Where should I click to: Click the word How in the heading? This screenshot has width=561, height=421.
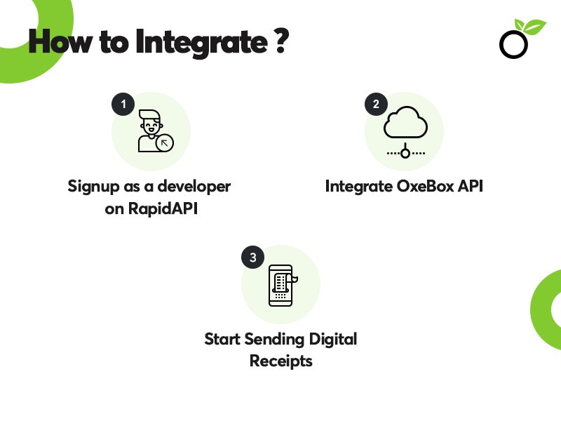pyautogui.click(x=55, y=43)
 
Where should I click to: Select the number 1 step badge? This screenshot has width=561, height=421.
pyautogui.click(x=123, y=105)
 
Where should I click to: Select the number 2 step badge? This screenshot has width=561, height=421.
pyautogui.click(x=377, y=105)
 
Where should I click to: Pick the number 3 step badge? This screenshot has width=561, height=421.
pyautogui.click(x=252, y=257)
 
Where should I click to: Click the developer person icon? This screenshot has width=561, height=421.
pyautogui.click(x=151, y=131)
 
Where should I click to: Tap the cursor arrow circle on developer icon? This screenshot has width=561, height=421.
pyautogui.click(x=165, y=144)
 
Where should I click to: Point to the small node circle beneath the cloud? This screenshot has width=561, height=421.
pyautogui.click(x=405, y=153)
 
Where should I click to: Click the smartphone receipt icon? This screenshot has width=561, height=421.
pyautogui.click(x=280, y=285)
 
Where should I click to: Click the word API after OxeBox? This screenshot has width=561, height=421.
pyautogui.click(x=470, y=187)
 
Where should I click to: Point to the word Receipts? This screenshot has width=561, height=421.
pyautogui.click(x=280, y=361)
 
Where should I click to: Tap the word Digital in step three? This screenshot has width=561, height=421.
pyautogui.click(x=331, y=339)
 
